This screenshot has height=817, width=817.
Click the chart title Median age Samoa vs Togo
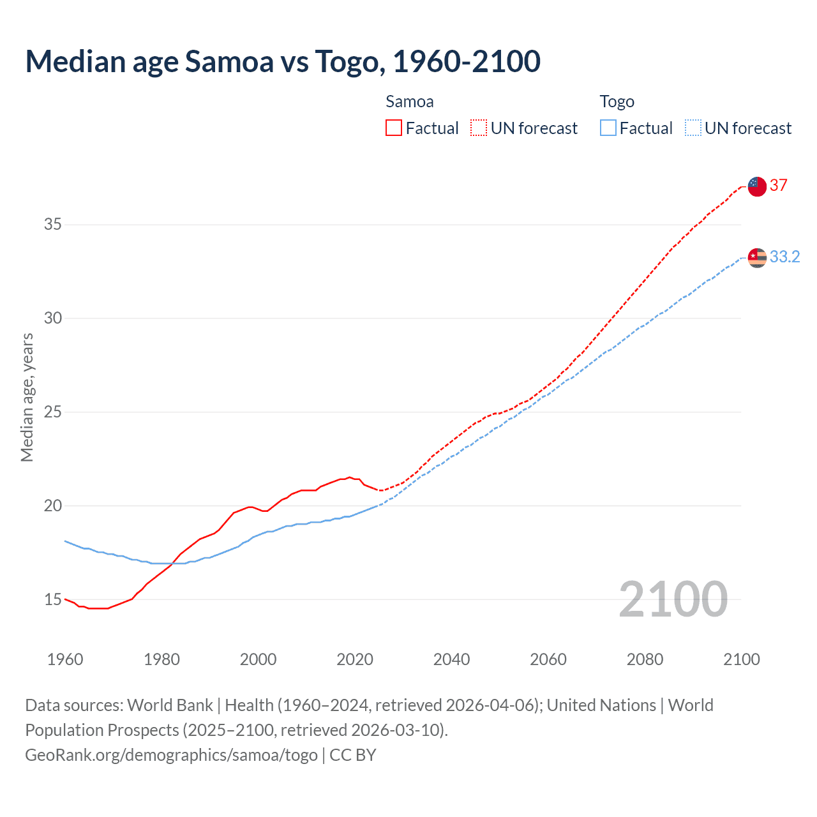coord(283,61)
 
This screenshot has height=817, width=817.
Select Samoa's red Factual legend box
coord(394,128)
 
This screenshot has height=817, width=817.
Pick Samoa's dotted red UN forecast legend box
coord(479,128)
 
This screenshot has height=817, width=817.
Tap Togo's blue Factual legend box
coord(608,128)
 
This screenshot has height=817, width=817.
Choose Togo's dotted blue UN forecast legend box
coord(693,128)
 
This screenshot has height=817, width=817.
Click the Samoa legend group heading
coord(410,101)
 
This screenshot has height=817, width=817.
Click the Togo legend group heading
coord(617,101)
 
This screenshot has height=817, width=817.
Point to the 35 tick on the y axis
coord(53,225)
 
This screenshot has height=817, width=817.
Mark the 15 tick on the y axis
coord(53,599)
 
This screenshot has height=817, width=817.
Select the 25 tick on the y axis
coord(53,412)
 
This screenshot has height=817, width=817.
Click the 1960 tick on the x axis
coord(65,659)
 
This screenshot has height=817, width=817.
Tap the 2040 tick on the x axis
coord(451,659)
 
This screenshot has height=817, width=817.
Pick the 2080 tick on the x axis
coord(645,659)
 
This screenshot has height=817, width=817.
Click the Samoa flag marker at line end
coord(757,186)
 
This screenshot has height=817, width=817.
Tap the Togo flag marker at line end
coord(757,257)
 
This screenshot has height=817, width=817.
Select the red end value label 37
coord(779,186)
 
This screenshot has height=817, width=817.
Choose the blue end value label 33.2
coord(784,257)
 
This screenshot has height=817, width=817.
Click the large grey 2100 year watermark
coord(673,599)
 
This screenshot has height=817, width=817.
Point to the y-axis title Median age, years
coord(27,397)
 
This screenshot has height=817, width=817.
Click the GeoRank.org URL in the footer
coord(171,755)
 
